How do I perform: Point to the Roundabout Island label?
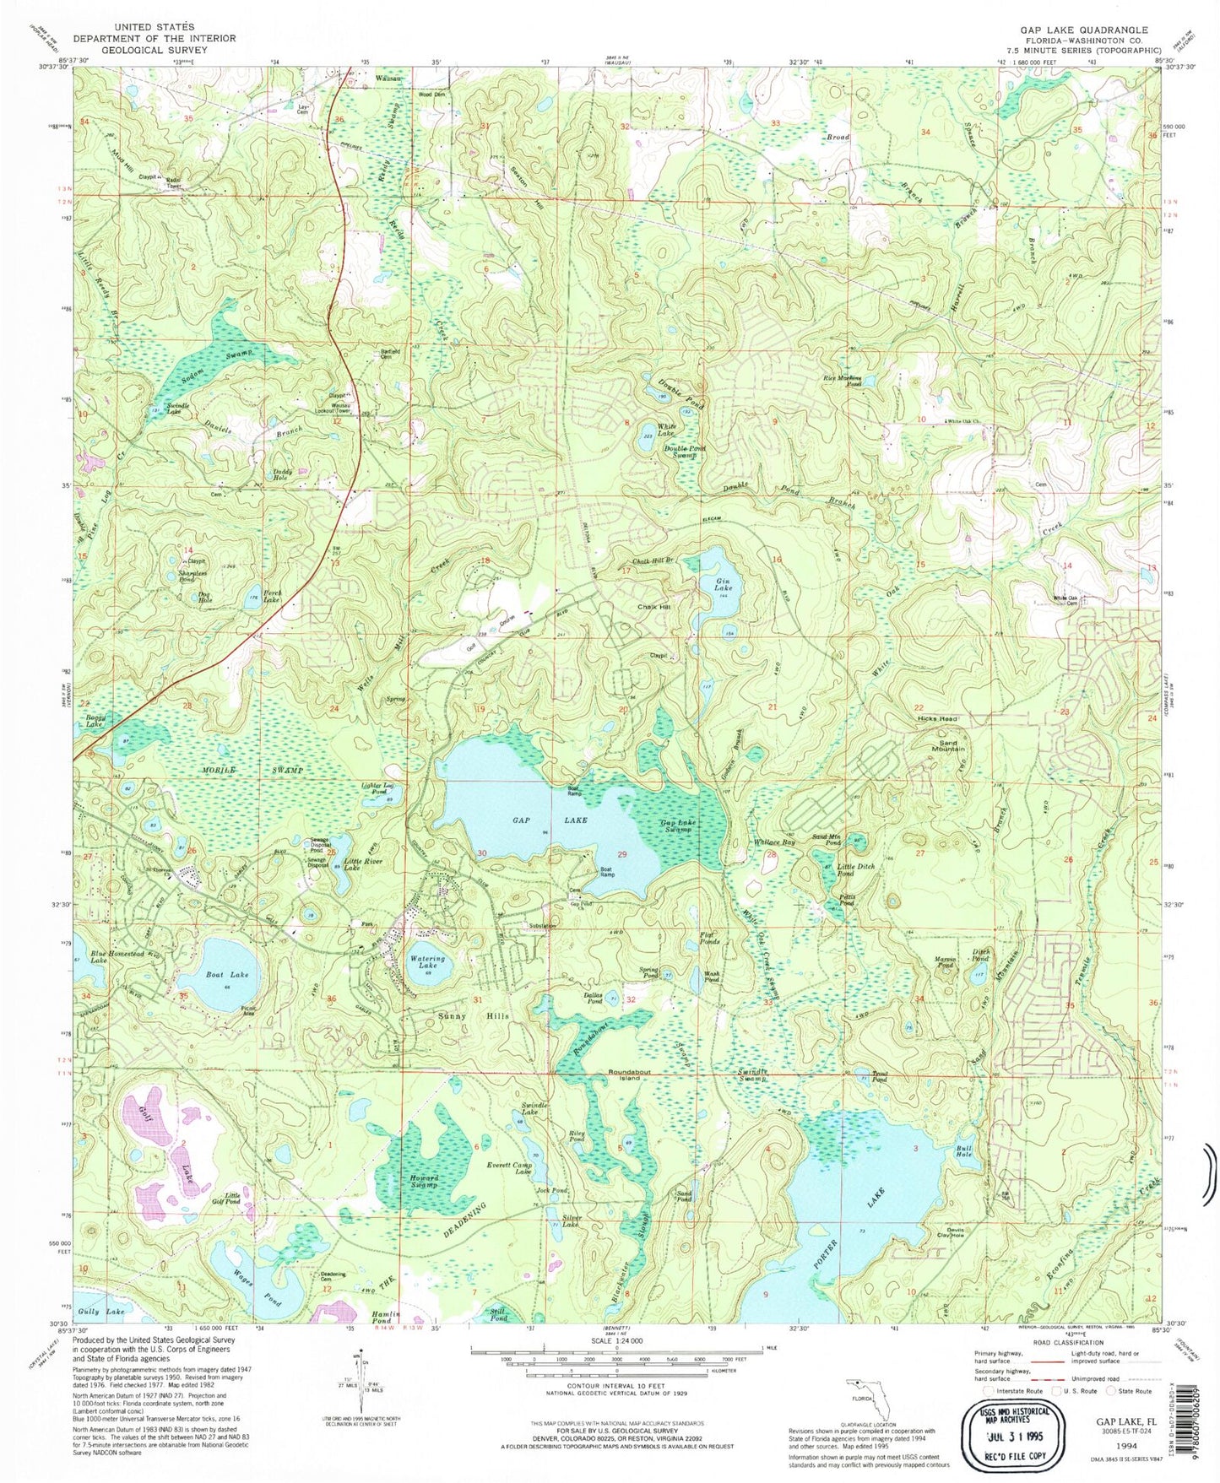(630, 1075)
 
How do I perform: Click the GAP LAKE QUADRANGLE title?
(1068, 30)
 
